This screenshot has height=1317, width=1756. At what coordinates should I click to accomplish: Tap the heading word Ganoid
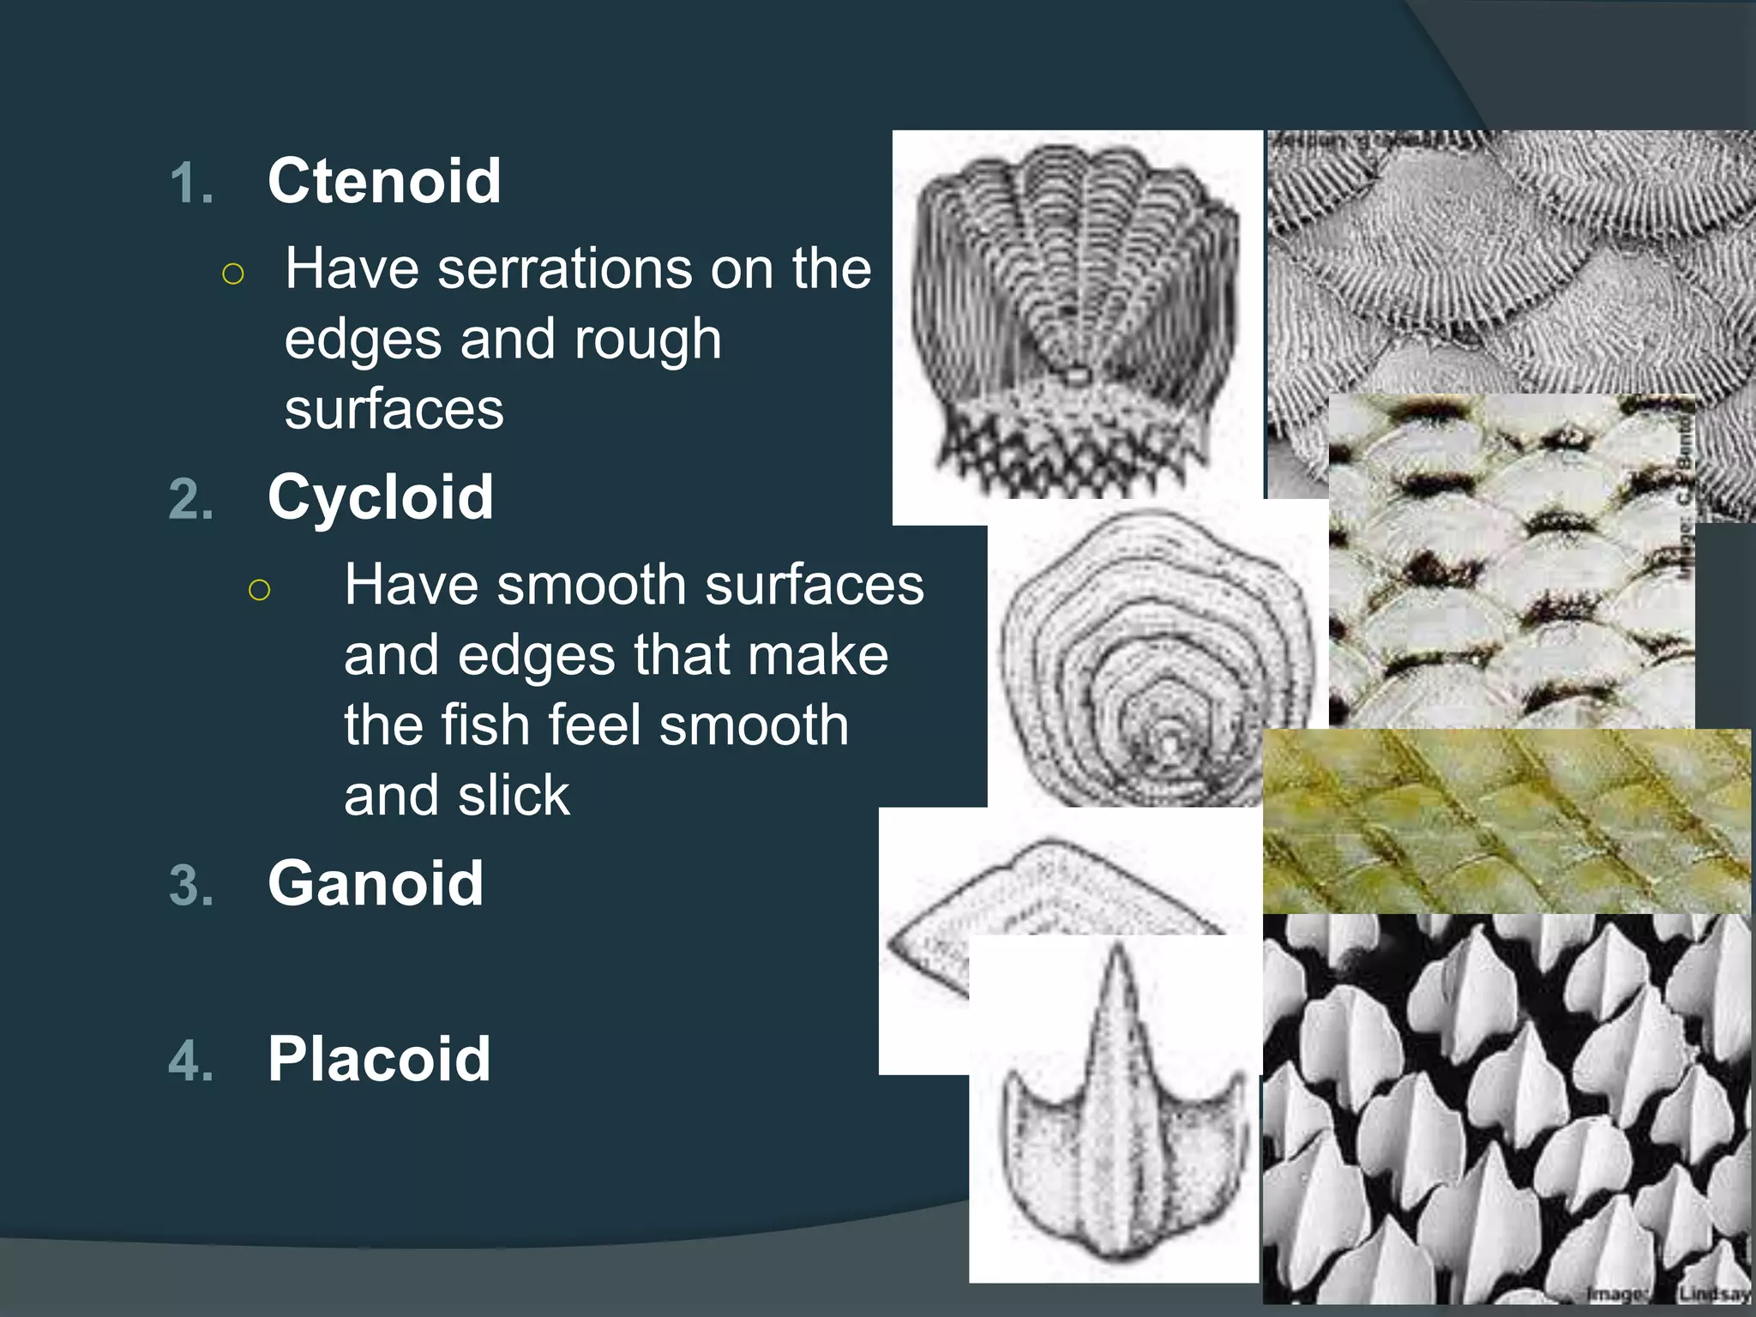coord(376,883)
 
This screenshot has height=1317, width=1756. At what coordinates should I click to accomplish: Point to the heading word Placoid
coord(379,1059)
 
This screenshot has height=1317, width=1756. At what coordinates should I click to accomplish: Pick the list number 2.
coord(190,500)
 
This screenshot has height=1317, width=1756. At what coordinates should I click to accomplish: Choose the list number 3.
coord(190,886)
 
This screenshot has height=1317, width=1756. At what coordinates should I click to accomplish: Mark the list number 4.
coord(190,1061)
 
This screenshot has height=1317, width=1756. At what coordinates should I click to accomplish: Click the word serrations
coord(563,269)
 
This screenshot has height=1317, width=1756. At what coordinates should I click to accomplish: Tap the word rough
coord(647,340)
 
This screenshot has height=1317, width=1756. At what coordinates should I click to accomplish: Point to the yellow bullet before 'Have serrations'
coord(233,274)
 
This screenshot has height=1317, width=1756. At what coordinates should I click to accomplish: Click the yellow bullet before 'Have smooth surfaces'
coord(259,590)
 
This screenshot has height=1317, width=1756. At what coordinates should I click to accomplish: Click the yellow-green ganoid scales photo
coord(1506,821)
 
